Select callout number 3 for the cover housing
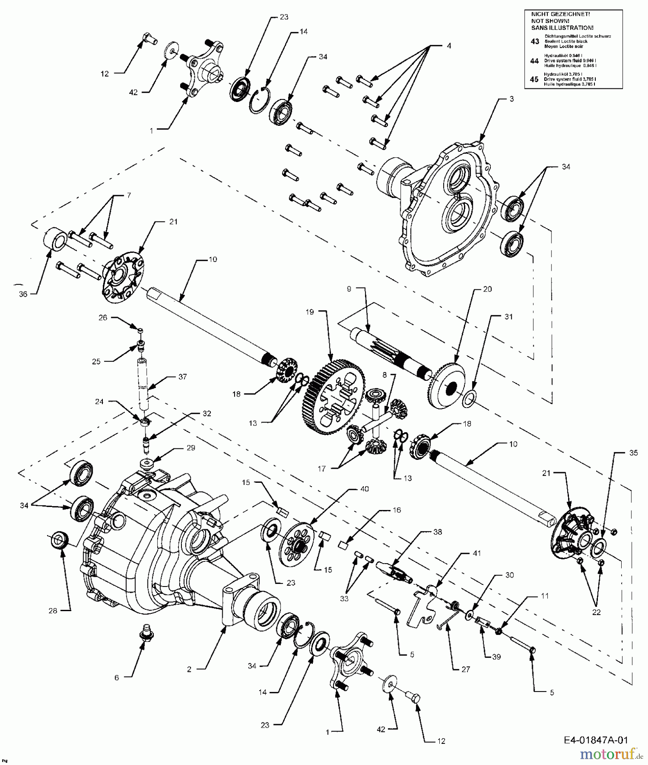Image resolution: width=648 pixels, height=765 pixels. point(512,99)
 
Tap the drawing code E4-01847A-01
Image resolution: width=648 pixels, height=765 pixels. point(595,740)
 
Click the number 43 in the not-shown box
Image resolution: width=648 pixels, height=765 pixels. point(535,41)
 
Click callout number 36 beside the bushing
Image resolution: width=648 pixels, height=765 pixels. point(23,294)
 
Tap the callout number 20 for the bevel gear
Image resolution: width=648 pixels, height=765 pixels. point(487,289)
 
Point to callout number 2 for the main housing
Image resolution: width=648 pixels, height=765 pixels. point(189,669)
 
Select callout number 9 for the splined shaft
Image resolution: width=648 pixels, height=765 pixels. point(349,289)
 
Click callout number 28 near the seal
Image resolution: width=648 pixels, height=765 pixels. point(53,611)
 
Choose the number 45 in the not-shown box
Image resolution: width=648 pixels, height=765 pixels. point(535,79)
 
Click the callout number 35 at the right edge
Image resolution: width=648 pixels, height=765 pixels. point(633,453)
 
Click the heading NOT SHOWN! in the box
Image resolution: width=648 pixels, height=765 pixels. point(550,20)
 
